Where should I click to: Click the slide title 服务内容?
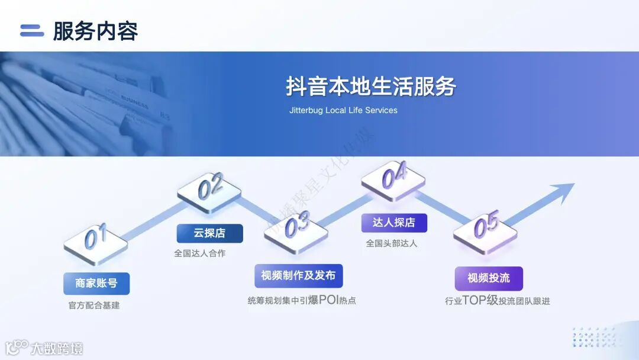point(95,31)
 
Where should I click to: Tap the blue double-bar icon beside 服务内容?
point(32,31)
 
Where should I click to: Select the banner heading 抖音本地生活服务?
point(371,86)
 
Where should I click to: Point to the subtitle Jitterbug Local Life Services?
point(343,110)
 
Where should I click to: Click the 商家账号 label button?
point(96,284)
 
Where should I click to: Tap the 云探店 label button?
point(209,233)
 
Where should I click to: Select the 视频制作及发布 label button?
point(298,275)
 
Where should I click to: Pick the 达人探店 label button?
point(393,223)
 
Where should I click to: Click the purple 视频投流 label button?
point(488,278)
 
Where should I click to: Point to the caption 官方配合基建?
point(94,306)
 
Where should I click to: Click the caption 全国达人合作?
point(199,253)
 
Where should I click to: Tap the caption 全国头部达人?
point(391,243)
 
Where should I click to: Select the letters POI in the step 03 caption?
point(328,300)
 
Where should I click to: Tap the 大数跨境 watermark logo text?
point(57,348)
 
